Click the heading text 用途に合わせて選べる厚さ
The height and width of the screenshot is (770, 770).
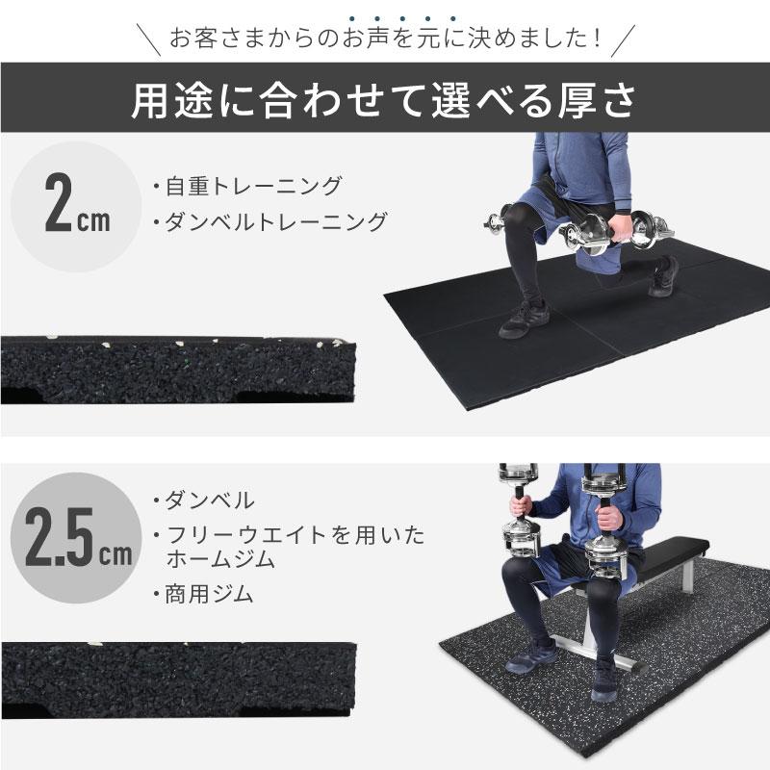coord(385,100)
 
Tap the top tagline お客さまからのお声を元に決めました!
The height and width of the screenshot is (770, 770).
coord(385,39)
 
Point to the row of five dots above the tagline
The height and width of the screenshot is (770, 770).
coord(385,17)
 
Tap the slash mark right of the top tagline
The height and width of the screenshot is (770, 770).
coord(625,39)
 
